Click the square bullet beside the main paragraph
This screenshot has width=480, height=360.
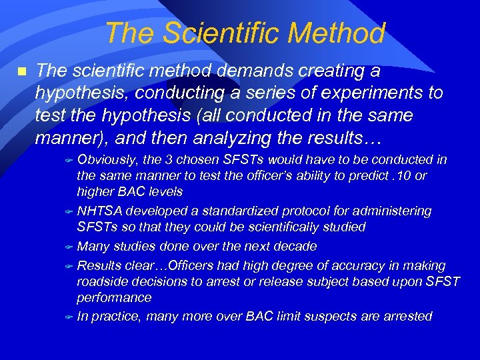[x=21, y=70]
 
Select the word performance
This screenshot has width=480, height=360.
[x=114, y=297]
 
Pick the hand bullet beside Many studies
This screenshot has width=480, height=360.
[x=69, y=247]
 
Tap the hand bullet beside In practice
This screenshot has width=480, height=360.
[x=69, y=317]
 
